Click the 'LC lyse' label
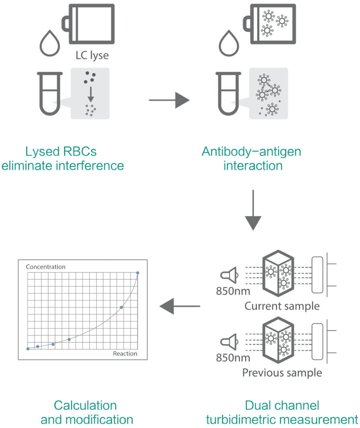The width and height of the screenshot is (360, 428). [x=92, y=56]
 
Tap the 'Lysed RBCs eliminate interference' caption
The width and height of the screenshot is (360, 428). [x=62, y=159]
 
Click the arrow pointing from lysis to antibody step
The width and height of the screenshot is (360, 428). [x=169, y=99]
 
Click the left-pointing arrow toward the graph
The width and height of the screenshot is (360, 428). [x=180, y=307]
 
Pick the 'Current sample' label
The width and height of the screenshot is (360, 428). [x=282, y=306]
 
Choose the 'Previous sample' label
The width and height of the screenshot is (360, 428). [x=282, y=372]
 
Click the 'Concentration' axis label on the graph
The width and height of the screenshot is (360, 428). [x=46, y=267]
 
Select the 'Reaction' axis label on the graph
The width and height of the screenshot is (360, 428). [x=125, y=354]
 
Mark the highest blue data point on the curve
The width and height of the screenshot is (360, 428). [x=138, y=273]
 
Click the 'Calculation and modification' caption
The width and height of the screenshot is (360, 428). [x=85, y=412]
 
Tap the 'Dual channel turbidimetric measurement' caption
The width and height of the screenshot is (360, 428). [x=282, y=412]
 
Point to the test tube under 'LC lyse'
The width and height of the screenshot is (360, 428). [x=50, y=93]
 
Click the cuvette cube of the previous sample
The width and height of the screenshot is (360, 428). [x=278, y=341]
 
